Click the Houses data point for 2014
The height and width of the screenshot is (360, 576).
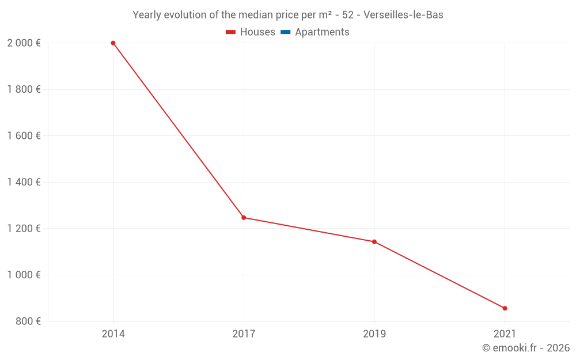pos(113,43)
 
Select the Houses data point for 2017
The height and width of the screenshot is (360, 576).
pos(244,218)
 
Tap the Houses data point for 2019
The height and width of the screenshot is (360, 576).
pos(374,242)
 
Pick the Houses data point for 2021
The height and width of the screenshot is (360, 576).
pos(505,308)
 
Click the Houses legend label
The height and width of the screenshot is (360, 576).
pos(257,32)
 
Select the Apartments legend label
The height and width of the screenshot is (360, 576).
pos(322,32)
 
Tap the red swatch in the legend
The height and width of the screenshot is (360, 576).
pos(231,32)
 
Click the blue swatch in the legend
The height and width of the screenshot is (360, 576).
pos(286,32)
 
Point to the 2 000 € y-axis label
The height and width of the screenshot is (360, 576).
pos(24,43)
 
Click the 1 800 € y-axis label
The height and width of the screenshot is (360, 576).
pos(24,89)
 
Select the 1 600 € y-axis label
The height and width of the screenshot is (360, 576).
pos(24,136)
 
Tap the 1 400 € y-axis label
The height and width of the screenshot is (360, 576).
pos(24,182)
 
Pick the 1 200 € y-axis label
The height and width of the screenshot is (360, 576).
pos(24,229)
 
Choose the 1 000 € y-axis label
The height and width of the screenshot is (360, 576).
pos(24,275)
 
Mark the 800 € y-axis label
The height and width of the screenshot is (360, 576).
pos(28,321)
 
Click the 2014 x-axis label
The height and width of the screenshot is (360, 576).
pos(113,334)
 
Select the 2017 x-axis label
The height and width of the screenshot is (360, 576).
pos(244,334)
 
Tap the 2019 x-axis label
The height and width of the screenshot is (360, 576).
pos(374,334)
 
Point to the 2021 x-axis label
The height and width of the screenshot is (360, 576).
pos(505,334)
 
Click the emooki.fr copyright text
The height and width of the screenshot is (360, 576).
pos(526,348)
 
